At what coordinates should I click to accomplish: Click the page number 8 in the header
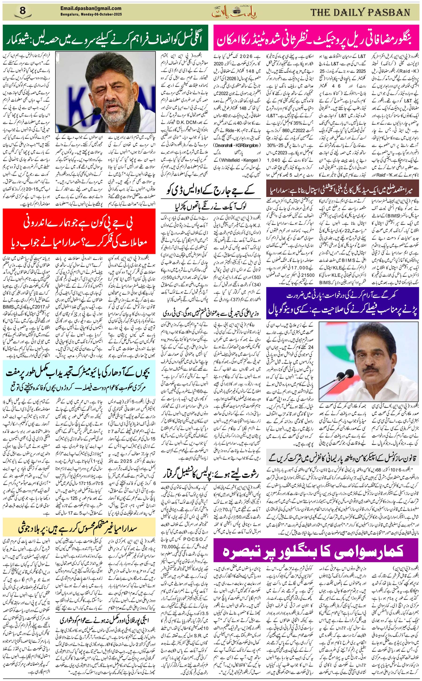pos(23,12)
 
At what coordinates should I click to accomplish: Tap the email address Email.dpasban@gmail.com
pos(91,8)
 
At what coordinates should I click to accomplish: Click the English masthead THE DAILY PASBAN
pos(360,12)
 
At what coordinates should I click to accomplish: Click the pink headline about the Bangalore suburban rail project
pos(316,38)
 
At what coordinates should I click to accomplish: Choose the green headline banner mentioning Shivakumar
pos(105,38)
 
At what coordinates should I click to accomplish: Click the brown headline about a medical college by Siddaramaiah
pos(343,190)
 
